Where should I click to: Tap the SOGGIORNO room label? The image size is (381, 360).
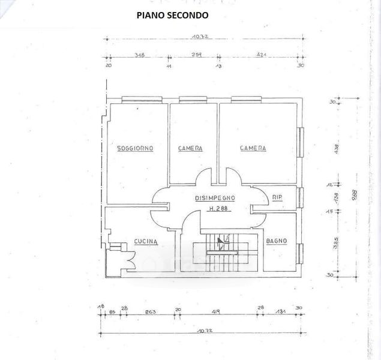(x=136, y=148)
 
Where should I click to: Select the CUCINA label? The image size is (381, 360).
(x=145, y=242)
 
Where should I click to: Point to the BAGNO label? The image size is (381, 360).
(x=277, y=241)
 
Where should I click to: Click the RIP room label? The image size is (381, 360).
(x=277, y=197)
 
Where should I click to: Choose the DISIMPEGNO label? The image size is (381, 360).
(x=215, y=197)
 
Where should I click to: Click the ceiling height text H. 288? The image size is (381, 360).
(x=220, y=209)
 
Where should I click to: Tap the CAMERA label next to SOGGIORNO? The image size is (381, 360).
(x=190, y=148)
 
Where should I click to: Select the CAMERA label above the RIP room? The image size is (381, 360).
(x=253, y=148)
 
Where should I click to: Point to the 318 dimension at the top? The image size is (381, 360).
(x=139, y=55)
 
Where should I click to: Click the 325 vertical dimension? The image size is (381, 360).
(x=337, y=244)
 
